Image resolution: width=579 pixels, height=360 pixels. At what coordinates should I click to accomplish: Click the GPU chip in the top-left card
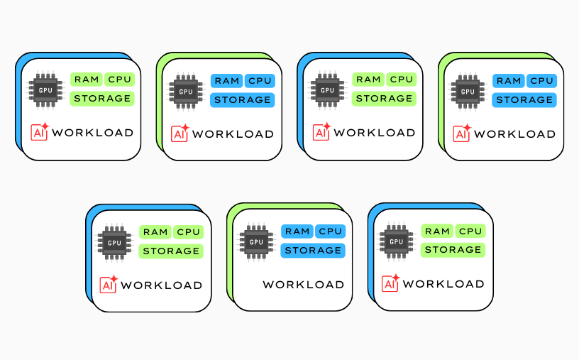tap(45, 90)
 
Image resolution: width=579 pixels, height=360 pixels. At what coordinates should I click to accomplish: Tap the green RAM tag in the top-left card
tap(87, 80)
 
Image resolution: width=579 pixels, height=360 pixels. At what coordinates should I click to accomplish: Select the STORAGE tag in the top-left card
tap(101, 98)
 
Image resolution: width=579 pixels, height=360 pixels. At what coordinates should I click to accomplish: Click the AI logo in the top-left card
tap(39, 132)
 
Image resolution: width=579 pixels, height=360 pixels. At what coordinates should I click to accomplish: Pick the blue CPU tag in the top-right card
tap(541, 81)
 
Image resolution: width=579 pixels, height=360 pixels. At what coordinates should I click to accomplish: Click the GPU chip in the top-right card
tap(468, 92)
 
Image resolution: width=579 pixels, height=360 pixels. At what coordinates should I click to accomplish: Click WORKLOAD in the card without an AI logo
tap(303, 285)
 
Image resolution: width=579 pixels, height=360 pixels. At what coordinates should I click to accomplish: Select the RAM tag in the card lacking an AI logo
tap(297, 231)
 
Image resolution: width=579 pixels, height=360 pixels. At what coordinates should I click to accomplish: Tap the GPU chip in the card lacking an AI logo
tap(256, 242)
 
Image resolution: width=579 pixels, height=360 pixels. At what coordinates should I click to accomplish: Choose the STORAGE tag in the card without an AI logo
tap(313, 250)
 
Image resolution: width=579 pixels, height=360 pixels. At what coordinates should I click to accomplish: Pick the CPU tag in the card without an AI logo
tap(330, 231)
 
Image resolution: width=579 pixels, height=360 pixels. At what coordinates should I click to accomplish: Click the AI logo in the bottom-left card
tap(109, 284)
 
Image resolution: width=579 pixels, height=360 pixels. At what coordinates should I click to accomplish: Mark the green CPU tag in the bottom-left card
tap(188, 232)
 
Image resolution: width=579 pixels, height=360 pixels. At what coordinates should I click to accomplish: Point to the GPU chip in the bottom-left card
tap(114, 243)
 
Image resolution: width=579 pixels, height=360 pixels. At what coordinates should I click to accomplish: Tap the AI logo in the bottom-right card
tap(391, 283)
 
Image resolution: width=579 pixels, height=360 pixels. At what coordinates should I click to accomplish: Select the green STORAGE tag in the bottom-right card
tap(453, 249)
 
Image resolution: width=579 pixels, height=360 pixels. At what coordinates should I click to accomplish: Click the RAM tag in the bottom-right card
tap(437, 231)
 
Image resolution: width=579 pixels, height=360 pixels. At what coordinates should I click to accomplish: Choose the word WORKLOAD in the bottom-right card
tap(443, 284)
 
